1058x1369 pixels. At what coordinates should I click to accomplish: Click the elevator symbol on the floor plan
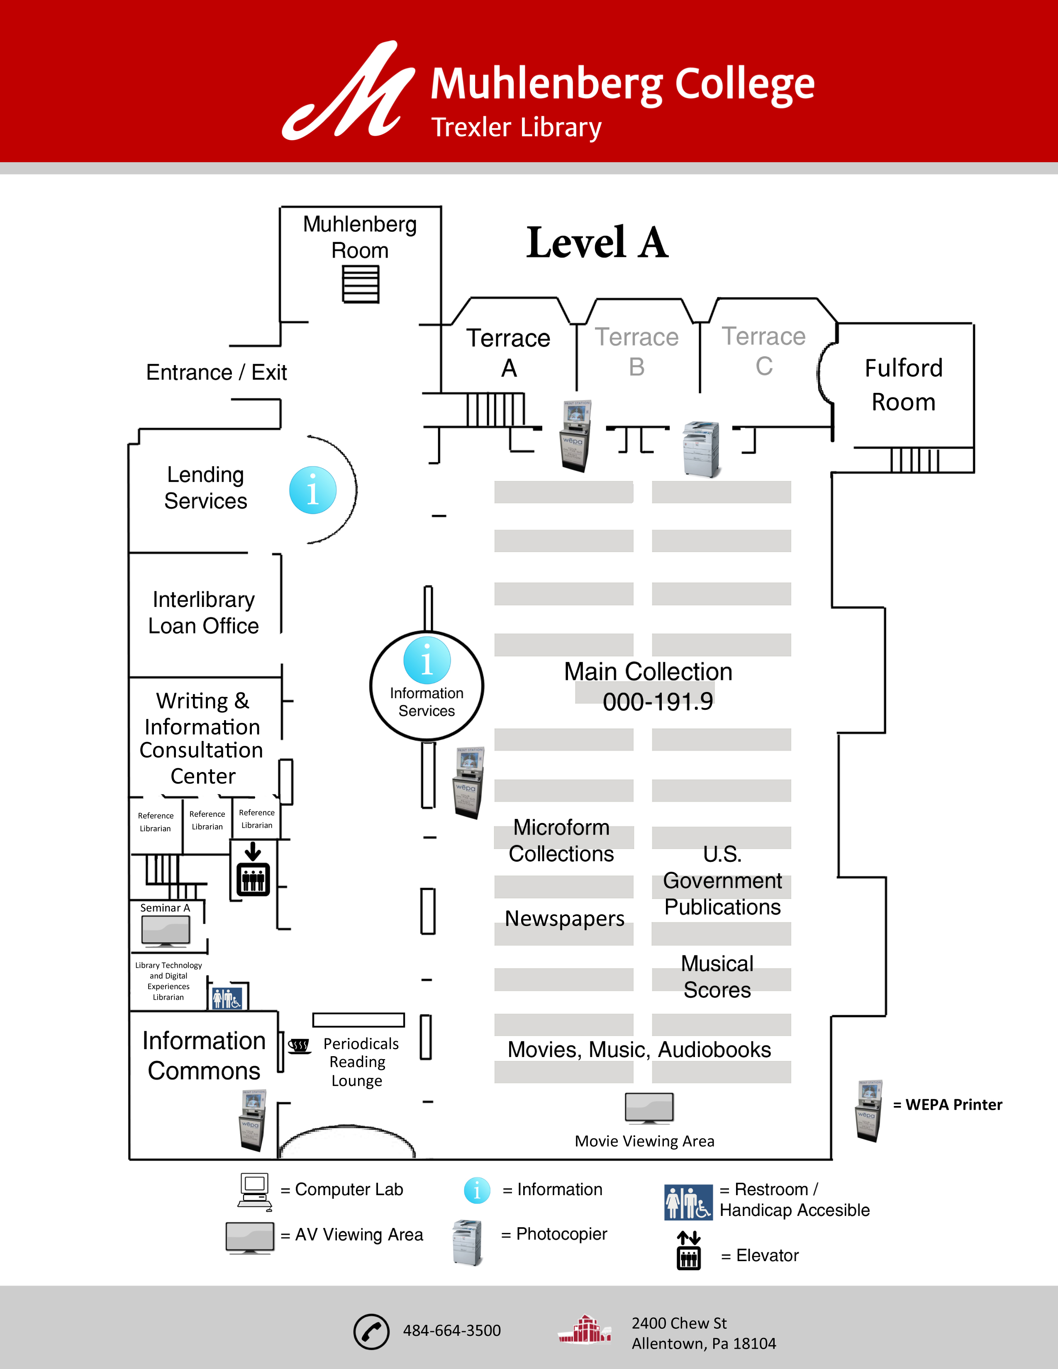click(253, 870)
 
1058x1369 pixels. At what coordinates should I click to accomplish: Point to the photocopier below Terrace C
click(701, 449)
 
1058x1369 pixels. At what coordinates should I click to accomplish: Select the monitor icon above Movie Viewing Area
click(649, 1108)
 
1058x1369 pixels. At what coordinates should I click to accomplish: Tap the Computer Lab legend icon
click(254, 1191)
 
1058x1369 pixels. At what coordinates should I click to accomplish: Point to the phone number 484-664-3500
click(451, 1330)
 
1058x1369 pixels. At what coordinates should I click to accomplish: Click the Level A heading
click(597, 243)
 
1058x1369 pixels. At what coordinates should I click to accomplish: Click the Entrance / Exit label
click(216, 373)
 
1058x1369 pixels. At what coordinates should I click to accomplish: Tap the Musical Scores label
click(717, 977)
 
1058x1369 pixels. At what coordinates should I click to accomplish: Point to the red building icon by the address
click(585, 1330)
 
